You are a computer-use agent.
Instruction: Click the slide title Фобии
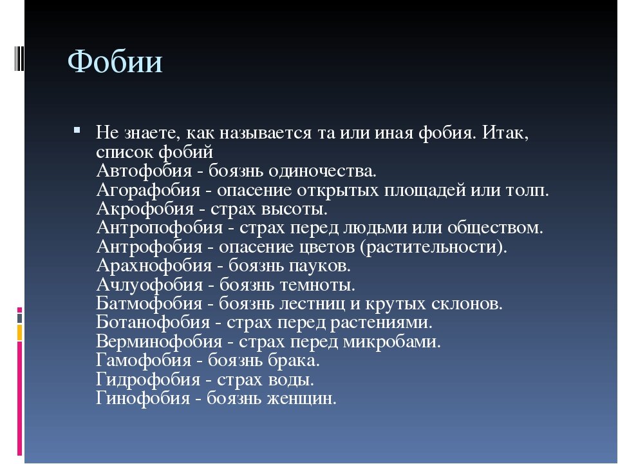pos(115,63)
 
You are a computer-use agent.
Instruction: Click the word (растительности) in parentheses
pos(435,247)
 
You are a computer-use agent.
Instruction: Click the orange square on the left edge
pos(20,332)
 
